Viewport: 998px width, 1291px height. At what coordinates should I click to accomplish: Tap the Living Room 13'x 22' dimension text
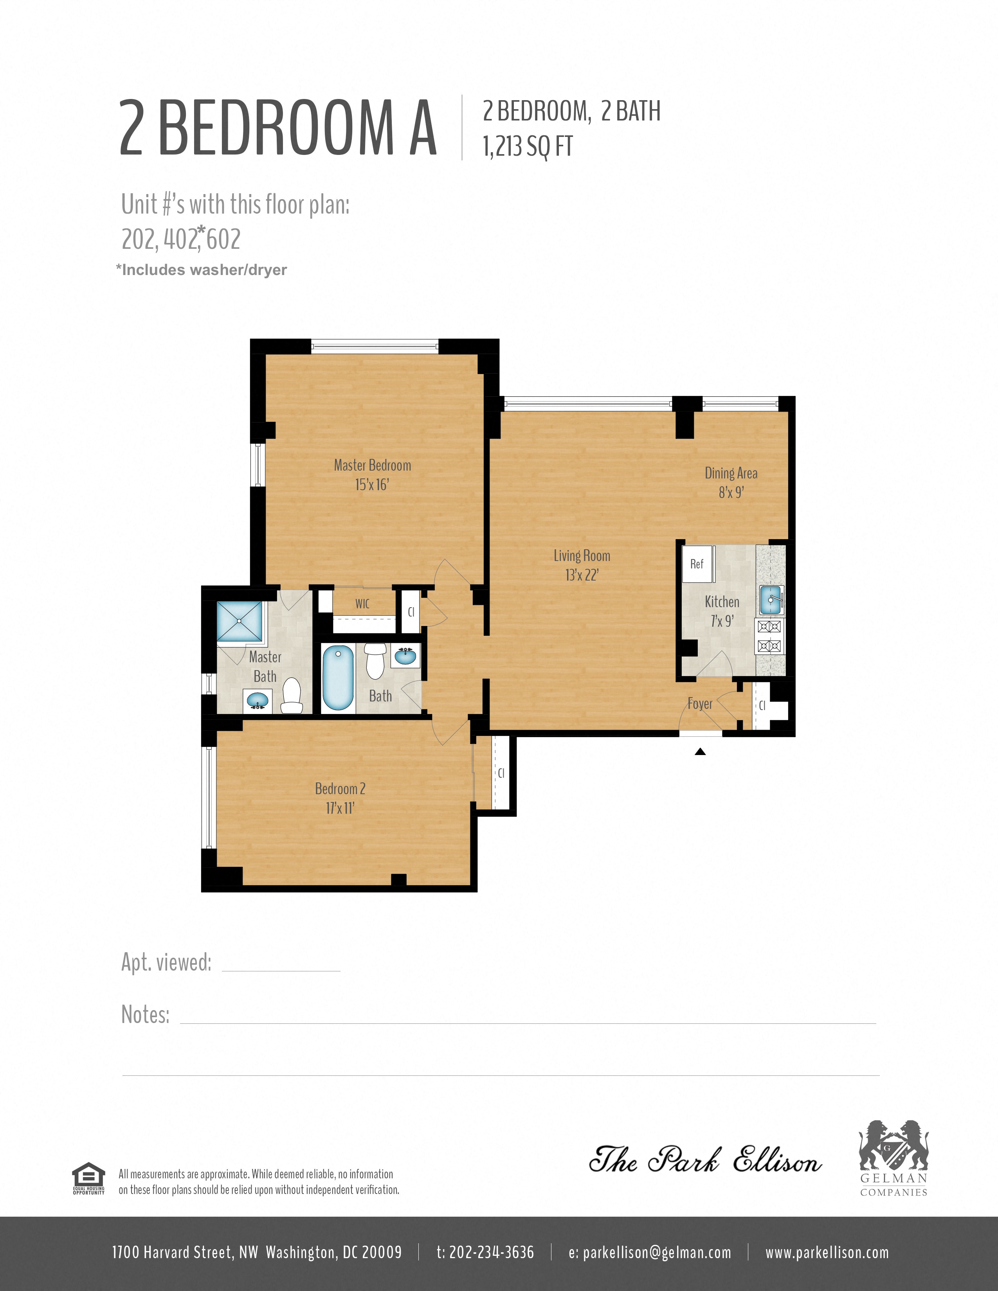[582, 575]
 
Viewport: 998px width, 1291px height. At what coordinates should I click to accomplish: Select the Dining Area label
[731, 473]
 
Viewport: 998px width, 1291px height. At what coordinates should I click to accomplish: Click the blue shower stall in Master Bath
[240, 621]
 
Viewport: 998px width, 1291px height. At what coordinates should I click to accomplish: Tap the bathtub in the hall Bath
[338, 678]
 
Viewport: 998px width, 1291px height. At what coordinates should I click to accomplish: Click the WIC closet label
[362, 604]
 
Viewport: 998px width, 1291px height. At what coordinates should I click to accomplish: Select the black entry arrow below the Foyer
[700, 752]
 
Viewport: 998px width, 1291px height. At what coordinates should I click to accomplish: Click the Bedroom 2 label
[340, 789]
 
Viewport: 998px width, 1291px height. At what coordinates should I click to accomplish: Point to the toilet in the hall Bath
[375, 661]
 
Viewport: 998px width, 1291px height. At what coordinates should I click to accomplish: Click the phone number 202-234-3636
[485, 1252]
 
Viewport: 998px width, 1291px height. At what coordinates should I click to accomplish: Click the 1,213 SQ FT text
[528, 147]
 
